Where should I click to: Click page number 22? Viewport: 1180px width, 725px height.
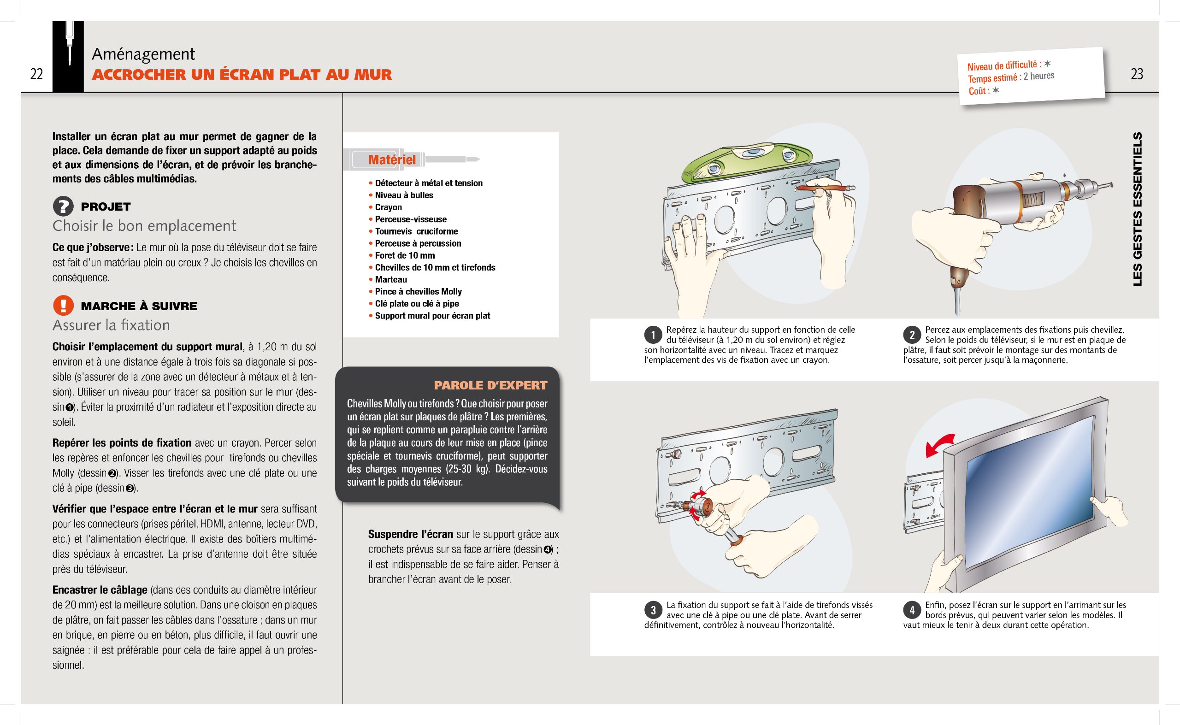(x=36, y=74)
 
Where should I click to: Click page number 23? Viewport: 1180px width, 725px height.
(x=1136, y=74)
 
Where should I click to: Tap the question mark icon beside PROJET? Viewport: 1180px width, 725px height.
(x=63, y=206)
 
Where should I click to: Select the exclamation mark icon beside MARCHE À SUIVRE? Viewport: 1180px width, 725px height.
(x=63, y=306)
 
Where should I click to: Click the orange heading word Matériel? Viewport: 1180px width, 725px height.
(x=392, y=159)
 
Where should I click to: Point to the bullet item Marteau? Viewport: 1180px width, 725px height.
(x=391, y=280)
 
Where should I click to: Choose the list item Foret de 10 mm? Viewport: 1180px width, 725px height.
(x=405, y=256)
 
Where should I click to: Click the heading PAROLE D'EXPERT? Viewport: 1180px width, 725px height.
(x=490, y=385)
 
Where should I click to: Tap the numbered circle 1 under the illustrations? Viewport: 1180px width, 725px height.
(x=653, y=335)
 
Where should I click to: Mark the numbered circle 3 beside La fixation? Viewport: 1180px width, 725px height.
(x=653, y=610)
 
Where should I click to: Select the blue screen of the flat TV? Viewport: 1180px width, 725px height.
(x=1031, y=489)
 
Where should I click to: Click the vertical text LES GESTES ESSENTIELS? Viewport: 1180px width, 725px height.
(x=1137, y=209)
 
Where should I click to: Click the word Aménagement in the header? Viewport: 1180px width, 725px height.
(x=143, y=54)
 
